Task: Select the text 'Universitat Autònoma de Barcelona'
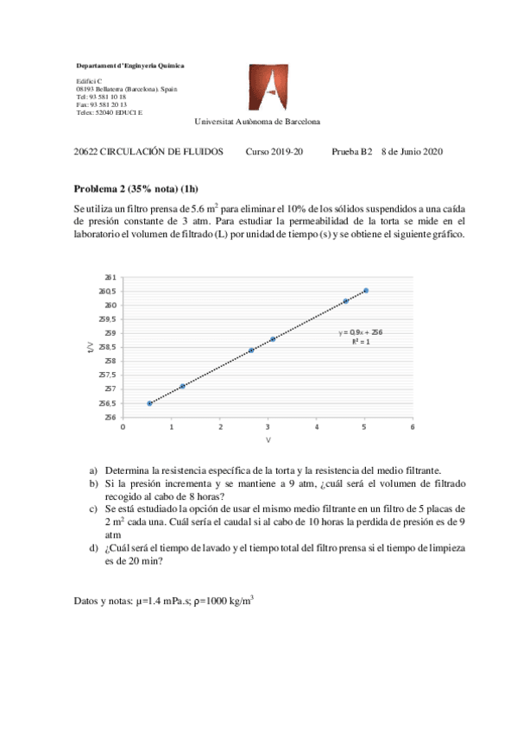point(257,122)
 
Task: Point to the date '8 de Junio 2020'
point(412,152)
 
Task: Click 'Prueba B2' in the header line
point(351,152)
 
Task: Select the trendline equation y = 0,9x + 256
point(360,331)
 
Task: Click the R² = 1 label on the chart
point(360,342)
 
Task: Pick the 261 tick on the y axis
point(110,277)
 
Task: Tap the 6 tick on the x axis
point(413,426)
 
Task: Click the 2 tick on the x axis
point(220,426)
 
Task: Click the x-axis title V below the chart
point(268,440)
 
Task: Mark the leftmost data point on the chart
point(150,403)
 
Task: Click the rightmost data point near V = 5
point(366,291)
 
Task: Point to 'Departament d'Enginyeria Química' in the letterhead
point(129,66)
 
